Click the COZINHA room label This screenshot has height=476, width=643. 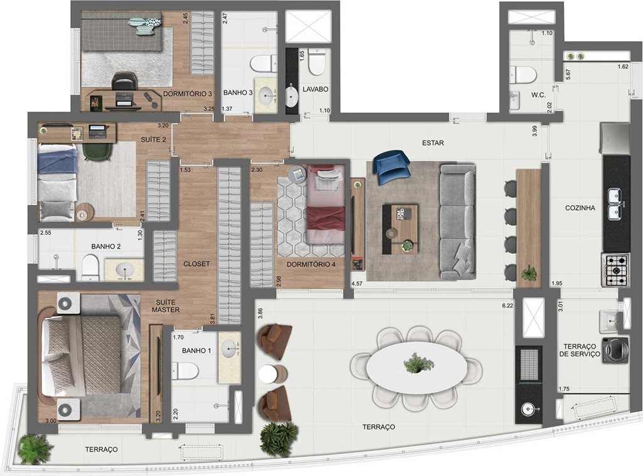(580, 208)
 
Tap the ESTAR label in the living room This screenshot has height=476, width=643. (433, 143)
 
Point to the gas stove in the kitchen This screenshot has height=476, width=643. (616, 270)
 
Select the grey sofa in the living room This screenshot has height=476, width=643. (458, 221)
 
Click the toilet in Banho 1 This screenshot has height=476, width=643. (184, 371)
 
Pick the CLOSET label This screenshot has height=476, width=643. (196, 264)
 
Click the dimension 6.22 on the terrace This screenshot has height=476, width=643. (507, 305)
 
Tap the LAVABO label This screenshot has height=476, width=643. (316, 89)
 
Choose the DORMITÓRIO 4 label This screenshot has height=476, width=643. (311, 265)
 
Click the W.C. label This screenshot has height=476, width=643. (538, 95)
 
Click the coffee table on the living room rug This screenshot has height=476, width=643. (400, 230)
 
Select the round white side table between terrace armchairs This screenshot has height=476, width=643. (268, 374)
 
